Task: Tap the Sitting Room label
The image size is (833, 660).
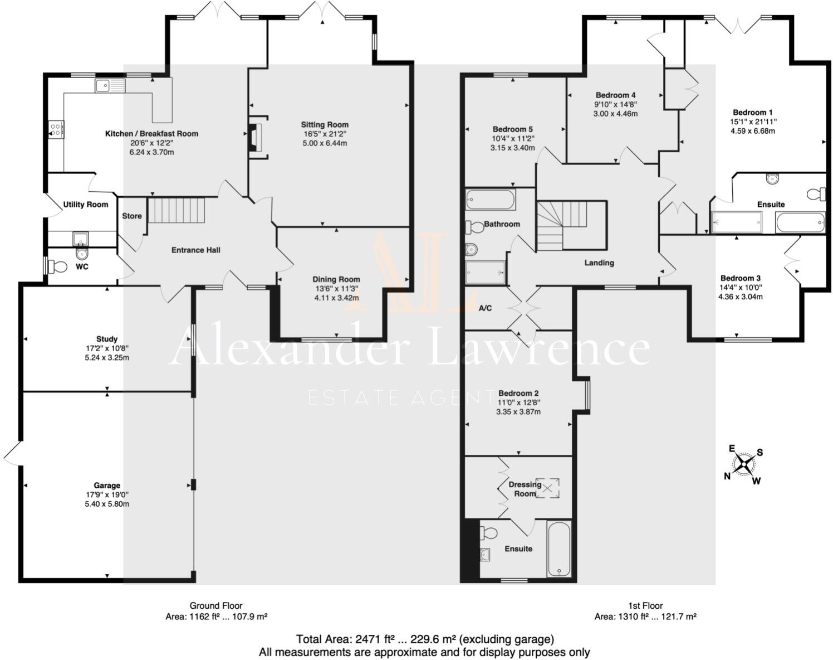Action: pyautogui.click(x=325, y=125)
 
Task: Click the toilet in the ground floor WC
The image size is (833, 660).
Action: pyautogui.click(x=56, y=266)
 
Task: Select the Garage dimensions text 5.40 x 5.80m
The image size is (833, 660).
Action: pyautogui.click(x=106, y=504)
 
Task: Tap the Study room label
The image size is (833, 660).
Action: pyautogui.click(x=106, y=339)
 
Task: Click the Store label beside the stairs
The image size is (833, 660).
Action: pyautogui.click(x=132, y=216)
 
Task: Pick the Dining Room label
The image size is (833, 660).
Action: pyautogui.click(x=336, y=279)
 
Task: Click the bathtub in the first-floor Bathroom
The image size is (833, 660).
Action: pyautogui.click(x=491, y=200)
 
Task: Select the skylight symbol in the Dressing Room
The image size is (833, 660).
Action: pyautogui.click(x=547, y=488)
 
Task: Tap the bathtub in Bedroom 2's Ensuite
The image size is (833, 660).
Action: pyautogui.click(x=558, y=550)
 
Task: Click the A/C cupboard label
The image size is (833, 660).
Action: pyautogui.click(x=486, y=308)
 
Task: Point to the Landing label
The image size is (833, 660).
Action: pyautogui.click(x=599, y=263)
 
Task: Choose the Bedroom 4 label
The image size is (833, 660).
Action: pyautogui.click(x=615, y=95)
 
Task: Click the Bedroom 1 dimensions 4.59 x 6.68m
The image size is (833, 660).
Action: pyautogui.click(x=753, y=131)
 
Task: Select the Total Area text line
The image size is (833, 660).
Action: pyautogui.click(x=424, y=639)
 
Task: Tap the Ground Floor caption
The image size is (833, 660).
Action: pyautogui.click(x=216, y=606)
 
